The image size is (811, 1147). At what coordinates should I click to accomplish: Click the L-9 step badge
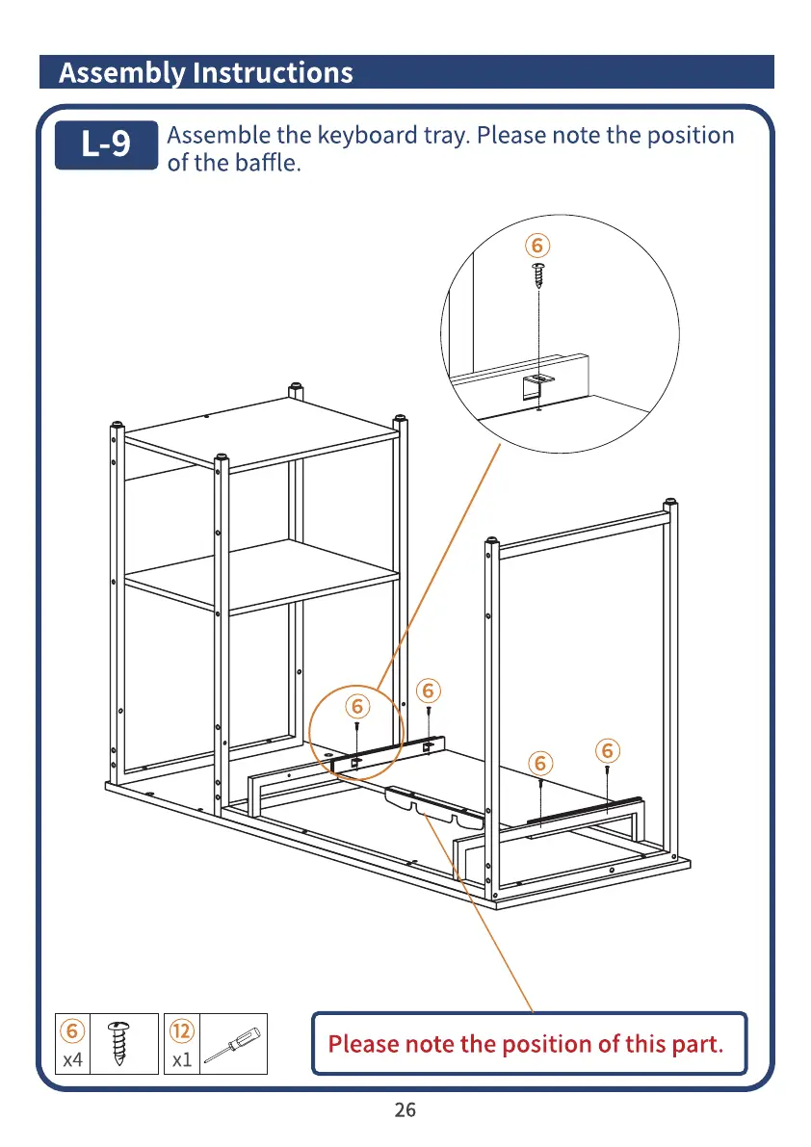(x=105, y=144)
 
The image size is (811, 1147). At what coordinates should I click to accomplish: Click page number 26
(x=405, y=1110)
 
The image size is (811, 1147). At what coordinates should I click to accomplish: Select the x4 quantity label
(x=72, y=1060)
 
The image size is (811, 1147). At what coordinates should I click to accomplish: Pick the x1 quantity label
(x=181, y=1060)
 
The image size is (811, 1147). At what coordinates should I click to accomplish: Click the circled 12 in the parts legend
(x=182, y=1030)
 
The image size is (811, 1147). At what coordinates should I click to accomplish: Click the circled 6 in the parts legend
(x=72, y=1030)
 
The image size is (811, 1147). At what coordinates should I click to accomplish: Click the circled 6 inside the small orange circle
(x=357, y=706)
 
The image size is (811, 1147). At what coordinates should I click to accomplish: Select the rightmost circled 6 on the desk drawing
(x=607, y=750)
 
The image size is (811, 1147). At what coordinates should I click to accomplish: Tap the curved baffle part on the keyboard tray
(x=433, y=806)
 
